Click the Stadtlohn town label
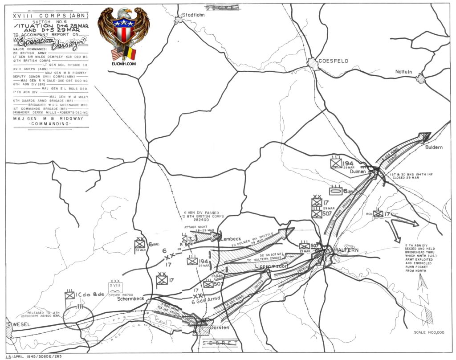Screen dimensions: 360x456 (195, 14)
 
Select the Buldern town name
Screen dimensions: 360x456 (434, 147)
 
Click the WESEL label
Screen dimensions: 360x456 (21, 324)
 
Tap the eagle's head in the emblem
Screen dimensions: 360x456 (127, 12)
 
